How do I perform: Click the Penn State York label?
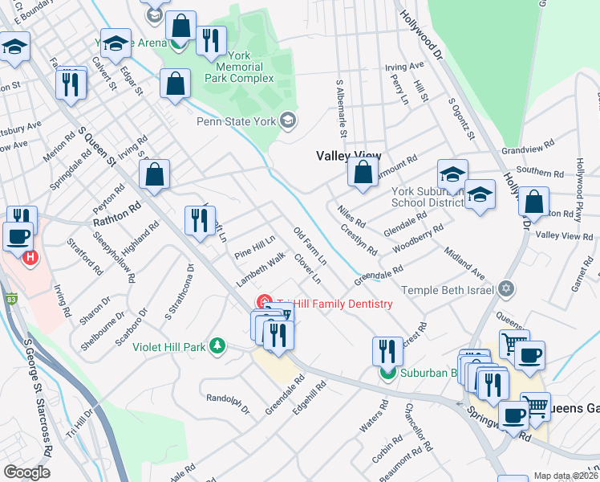[x=236, y=121]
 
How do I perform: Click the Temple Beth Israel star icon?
[x=505, y=288]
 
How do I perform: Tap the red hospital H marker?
[x=30, y=258]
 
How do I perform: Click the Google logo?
[x=26, y=472]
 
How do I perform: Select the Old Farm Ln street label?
[x=310, y=247]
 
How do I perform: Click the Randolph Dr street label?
[x=229, y=404]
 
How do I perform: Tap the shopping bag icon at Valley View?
[x=363, y=172]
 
